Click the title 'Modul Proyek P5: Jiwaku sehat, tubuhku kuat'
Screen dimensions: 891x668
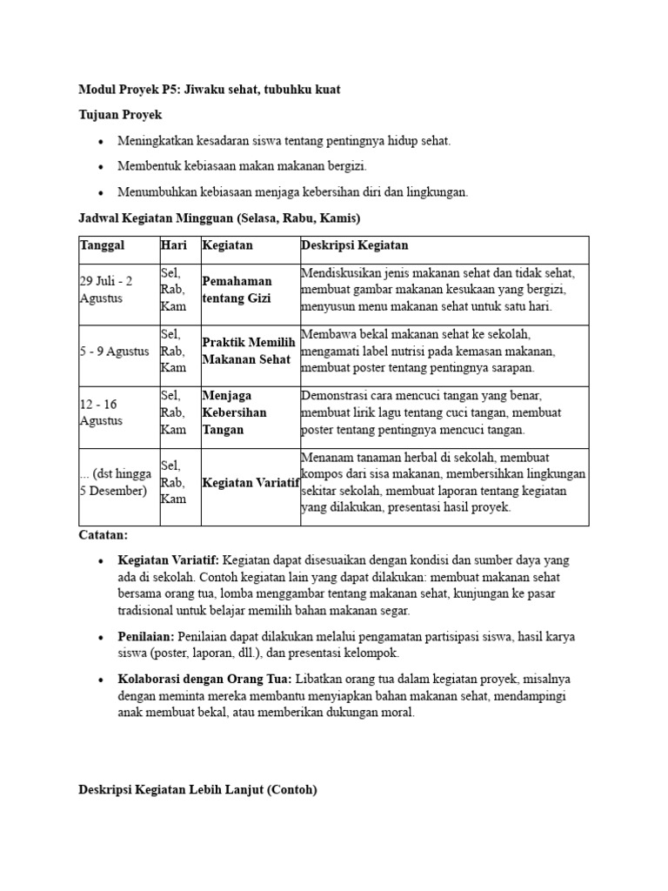[209, 90]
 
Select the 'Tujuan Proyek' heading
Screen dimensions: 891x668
[120, 115]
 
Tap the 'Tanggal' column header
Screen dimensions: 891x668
[102, 246]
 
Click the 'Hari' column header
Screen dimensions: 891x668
[174, 246]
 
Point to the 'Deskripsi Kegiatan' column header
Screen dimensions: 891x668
[354, 246]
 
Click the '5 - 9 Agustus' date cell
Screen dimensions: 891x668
[114, 352]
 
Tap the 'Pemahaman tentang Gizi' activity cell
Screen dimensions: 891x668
[237, 290]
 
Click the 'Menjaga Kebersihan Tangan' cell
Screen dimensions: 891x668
[234, 412]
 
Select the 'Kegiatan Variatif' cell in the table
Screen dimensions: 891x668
[250, 482]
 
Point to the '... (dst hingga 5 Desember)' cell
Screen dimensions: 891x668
[116, 482]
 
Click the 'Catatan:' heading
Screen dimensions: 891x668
[103, 535]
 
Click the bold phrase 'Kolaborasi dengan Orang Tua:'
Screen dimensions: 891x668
[205, 679]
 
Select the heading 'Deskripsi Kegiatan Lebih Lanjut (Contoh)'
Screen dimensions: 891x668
[197, 790]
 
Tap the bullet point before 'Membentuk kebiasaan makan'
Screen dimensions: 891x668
[101, 166]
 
